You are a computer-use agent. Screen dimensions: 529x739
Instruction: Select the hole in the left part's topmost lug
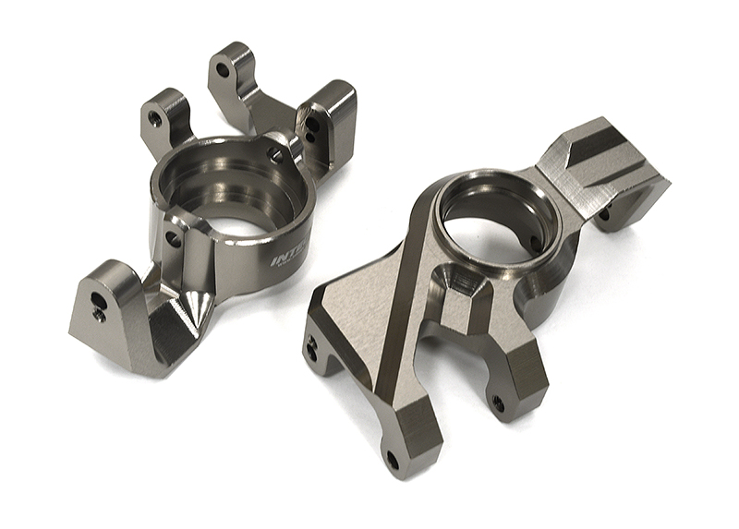[x=224, y=66]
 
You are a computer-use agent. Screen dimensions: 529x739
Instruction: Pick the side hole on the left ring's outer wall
[x=172, y=238]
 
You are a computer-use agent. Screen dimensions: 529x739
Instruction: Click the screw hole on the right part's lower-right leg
[x=498, y=403]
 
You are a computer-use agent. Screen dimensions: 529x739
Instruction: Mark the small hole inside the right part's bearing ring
[x=535, y=243]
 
